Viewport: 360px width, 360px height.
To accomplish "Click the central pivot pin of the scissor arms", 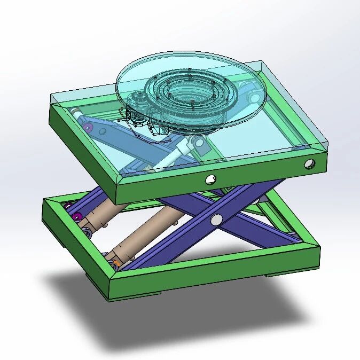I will [x=216, y=219].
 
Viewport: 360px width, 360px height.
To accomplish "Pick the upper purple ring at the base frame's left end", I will [x=68, y=206].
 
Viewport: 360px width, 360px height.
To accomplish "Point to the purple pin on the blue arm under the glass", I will [x=87, y=127].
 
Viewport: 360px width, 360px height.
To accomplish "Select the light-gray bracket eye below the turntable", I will [x=198, y=142].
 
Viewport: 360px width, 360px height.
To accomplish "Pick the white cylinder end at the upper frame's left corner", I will [x=76, y=112].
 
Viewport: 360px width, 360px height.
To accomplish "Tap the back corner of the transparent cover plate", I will [x=263, y=62].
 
